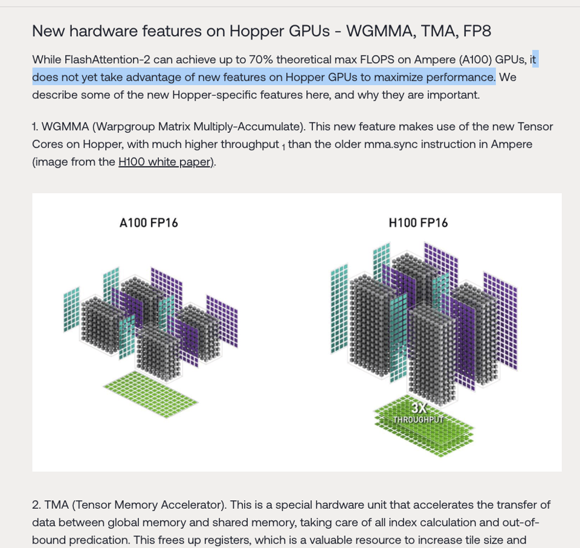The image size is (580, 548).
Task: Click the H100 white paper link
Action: (164, 162)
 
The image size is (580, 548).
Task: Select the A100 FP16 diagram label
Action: (149, 223)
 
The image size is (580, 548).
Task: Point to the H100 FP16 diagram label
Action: (418, 223)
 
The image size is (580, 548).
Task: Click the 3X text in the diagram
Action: (419, 408)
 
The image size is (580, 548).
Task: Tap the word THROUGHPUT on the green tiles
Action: (419, 419)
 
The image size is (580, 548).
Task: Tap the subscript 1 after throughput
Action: (283, 147)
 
